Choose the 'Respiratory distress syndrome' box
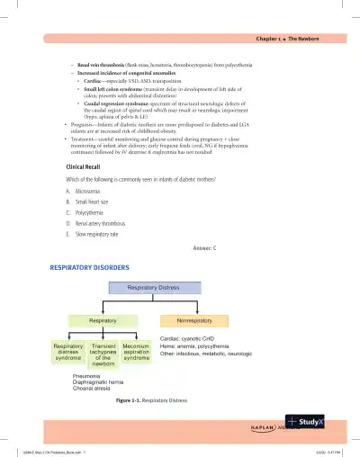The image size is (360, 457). point(68,352)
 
